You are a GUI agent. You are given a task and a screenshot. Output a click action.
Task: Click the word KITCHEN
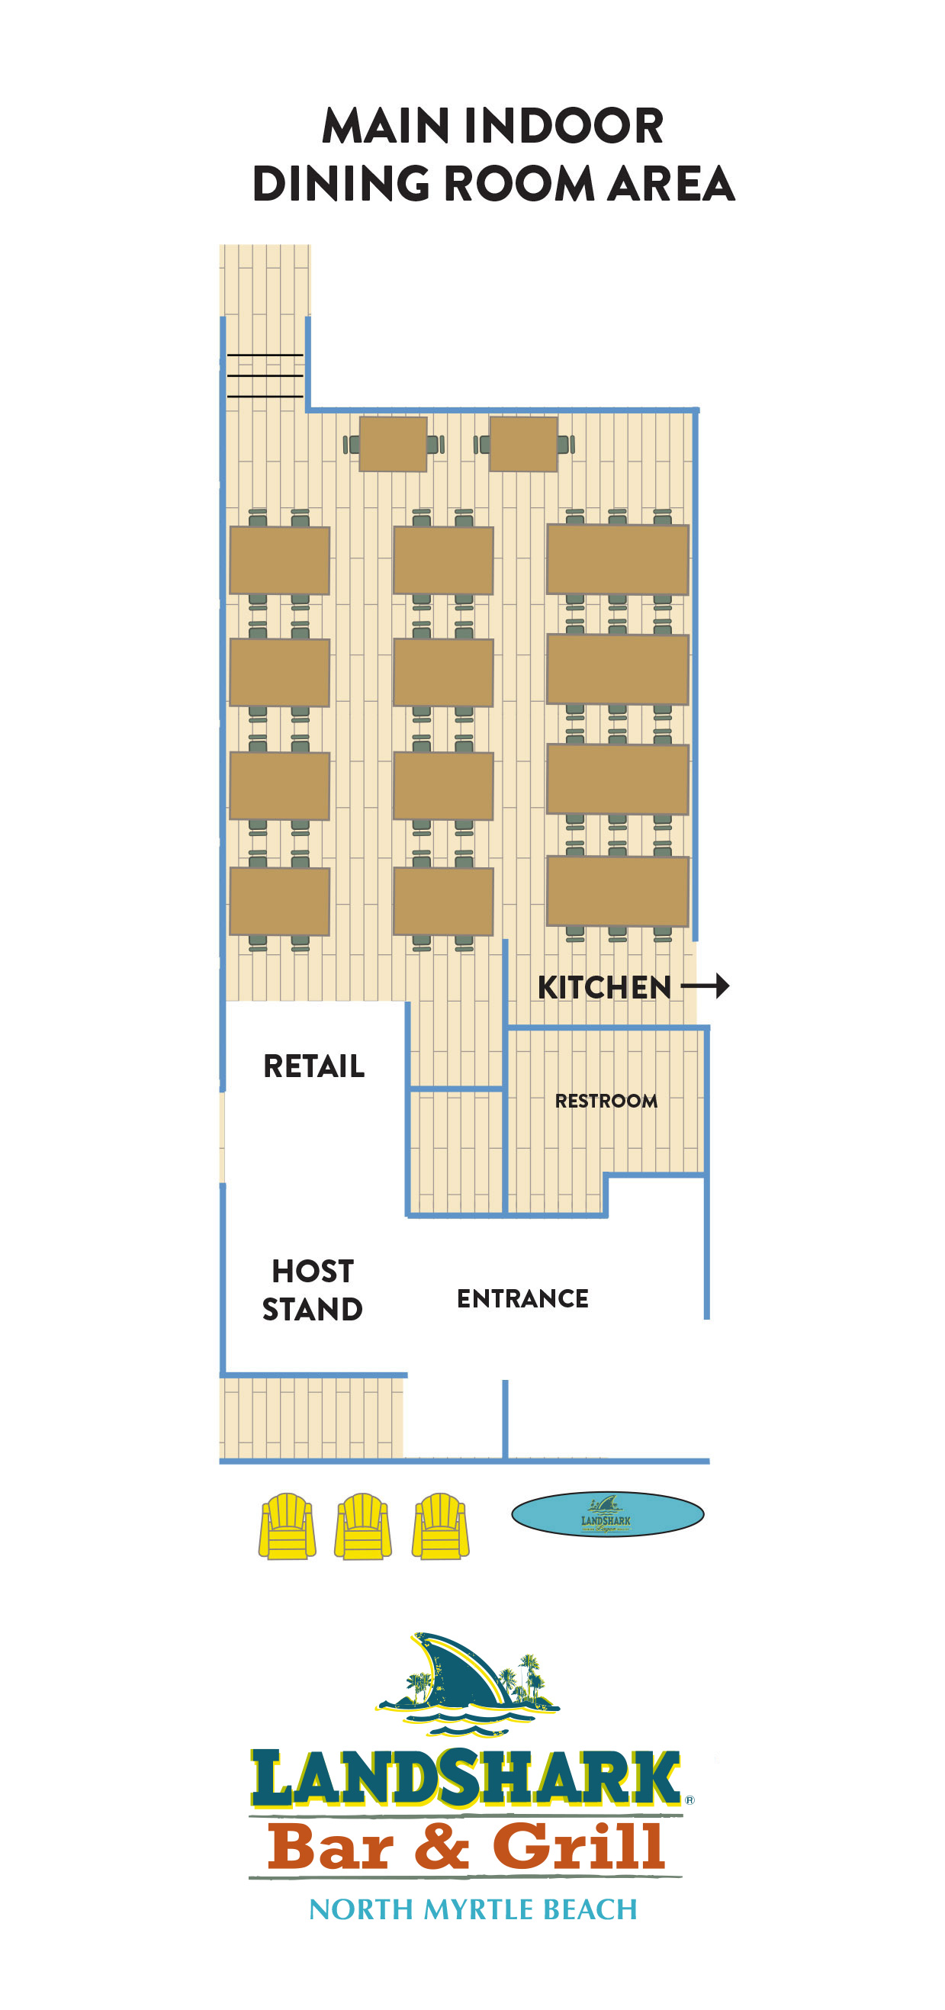(604, 987)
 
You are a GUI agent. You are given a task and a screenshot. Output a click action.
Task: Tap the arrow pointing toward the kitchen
(706, 986)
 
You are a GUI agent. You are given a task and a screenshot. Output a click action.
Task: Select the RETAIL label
(313, 1066)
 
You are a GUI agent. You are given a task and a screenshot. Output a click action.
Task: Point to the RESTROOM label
(606, 1101)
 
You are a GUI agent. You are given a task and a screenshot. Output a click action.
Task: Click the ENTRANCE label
(522, 1298)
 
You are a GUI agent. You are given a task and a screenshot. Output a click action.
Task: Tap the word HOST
(312, 1271)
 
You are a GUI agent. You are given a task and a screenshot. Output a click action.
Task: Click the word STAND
(312, 1309)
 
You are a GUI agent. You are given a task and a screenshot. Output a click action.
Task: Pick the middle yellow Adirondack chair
(363, 1526)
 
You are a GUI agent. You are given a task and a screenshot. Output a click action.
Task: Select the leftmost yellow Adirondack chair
(288, 1526)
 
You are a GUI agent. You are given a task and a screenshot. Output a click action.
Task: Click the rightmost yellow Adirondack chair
(440, 1526)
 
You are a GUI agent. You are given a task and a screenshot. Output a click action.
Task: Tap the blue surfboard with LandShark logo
(607, 1513)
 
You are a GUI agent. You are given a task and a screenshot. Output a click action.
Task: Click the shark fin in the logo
(461, 1670)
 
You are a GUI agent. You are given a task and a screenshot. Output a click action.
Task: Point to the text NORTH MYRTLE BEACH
(473, 1909)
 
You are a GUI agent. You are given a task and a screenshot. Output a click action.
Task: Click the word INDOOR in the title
(562, 126)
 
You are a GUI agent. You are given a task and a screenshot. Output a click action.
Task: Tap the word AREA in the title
(671, 184)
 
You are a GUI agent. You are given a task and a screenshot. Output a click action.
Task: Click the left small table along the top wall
(393, 444)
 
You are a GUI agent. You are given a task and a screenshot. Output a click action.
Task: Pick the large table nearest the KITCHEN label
(617, 891)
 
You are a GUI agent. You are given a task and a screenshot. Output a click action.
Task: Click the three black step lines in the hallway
(265, 375)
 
